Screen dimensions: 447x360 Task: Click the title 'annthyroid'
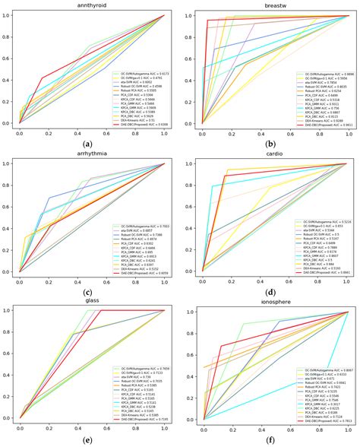pyautogui.click(x=90, y=5)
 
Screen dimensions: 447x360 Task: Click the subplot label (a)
pyautogui.click(x=89, y=144)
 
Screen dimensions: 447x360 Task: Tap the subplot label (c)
pyautogui.click(x=89, y=292)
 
